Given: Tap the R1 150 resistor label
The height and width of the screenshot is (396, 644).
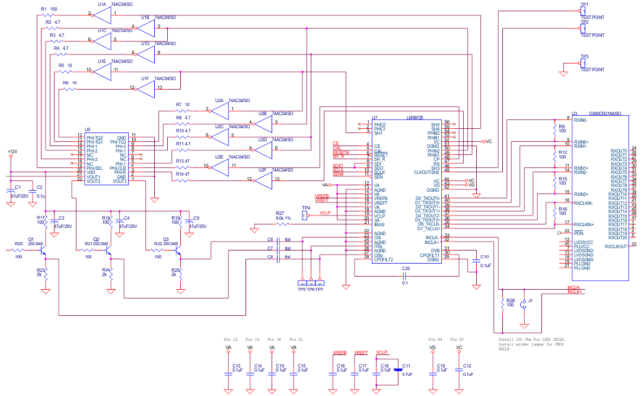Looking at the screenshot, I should tap(49, 9).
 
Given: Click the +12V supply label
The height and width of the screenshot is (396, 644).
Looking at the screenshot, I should tap(12, 152).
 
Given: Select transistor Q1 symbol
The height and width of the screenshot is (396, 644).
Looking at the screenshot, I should tap(43, 251).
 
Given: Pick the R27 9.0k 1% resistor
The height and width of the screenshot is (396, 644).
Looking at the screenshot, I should tap(283, 224).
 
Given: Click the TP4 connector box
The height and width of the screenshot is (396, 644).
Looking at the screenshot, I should tap(305, 216).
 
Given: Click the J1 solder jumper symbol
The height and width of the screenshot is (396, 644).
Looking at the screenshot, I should tap(523, 305).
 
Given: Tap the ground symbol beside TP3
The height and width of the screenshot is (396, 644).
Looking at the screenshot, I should tap(563, 73).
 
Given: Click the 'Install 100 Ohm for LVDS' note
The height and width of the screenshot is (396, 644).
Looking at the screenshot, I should tap(531, 340).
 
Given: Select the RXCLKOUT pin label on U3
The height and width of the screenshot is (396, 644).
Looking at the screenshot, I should tap(617, 246).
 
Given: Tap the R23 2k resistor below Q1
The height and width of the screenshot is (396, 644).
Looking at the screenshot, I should tap(46, 274).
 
